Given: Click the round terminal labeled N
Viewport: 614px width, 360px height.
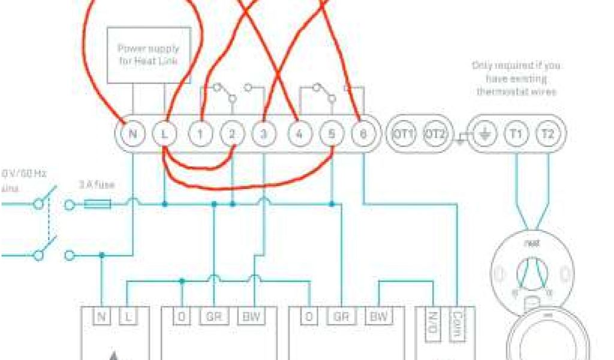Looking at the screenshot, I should click(x=133, y=133).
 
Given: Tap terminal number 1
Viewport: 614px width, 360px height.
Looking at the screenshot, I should click(x=201, y=133).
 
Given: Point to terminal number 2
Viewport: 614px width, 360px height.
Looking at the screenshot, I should click(x=232, y=133).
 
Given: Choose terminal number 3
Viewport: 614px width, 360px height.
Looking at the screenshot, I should click(x=263, y=133).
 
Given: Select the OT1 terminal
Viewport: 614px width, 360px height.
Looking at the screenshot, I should click(x=404, y=133).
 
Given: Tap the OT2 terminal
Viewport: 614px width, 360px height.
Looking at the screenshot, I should click(x=435, y=133).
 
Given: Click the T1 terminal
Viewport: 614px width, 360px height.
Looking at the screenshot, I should click(x=514, y=133).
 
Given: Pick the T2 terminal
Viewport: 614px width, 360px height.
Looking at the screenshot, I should click(x=546, y=133).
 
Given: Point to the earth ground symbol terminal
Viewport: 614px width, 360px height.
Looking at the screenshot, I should click(x=483, y=133).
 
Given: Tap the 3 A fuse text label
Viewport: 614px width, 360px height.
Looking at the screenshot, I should click(x=97, y=185).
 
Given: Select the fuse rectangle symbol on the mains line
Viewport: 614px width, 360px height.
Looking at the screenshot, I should click(x=97, y=205).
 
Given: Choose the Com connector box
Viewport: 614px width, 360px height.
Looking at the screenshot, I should click(x=458, y=325).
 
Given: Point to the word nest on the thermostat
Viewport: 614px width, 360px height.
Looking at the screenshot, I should click(x=532, y=244).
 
